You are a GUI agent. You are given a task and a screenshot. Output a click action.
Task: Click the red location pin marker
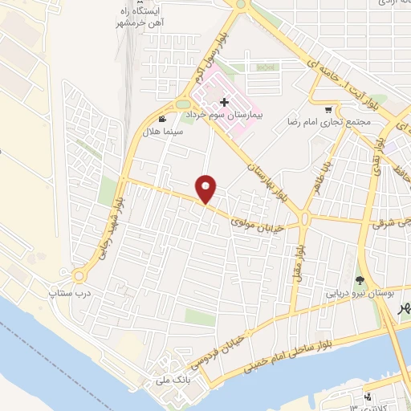pyautogui.click(x=207, y=189)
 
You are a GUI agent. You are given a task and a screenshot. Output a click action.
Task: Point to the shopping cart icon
pyautogui.click(x=329, y=109)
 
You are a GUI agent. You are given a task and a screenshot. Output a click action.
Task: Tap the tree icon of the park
pyautogui.click(x=359, y=281)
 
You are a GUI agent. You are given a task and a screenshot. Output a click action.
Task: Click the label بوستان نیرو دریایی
pyautogui.click(x=359, y=294)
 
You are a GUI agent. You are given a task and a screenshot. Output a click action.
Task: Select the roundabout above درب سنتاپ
pyautogui.click(x=79, y=276)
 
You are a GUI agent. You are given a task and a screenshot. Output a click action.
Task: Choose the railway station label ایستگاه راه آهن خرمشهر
pyautogui.click(x=147, y=14)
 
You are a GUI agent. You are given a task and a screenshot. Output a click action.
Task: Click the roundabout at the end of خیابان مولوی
pyautogui.click(x=306, y=218)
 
